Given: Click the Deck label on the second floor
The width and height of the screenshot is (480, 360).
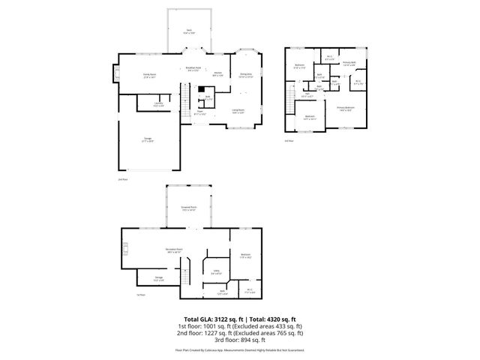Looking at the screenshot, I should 189,31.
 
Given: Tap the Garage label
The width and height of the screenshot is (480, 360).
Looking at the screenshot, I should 148,139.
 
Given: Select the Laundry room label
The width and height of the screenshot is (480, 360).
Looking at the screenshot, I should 158,103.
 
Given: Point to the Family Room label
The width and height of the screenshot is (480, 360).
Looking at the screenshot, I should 149,75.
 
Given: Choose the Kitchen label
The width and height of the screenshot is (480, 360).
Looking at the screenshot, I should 217,73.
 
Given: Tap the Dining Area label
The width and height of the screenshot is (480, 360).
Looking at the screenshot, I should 245,75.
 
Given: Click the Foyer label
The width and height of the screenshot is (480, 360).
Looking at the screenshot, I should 200,112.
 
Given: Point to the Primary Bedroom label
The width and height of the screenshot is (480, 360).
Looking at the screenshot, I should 345,110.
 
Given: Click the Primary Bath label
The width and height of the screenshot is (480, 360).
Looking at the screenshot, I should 349,63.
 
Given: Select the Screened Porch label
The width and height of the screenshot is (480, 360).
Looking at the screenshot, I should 189,208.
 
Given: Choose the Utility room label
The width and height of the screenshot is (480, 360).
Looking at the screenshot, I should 215,273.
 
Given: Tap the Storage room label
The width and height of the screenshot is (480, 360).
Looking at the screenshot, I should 159,278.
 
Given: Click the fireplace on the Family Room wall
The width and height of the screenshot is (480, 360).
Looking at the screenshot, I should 116,73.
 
